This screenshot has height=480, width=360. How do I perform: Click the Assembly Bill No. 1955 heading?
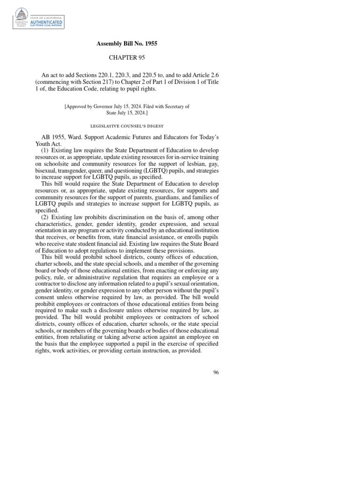click(x=127, y=44)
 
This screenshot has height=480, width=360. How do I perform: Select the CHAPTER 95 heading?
click(x=127, y=58)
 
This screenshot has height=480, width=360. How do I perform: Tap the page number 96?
click(x=216, y=372)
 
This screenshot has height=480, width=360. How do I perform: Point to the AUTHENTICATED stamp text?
click(x=46, y=22)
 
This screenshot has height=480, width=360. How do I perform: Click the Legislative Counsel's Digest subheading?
click(x=127, y=126)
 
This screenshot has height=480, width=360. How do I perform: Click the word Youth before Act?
click(x=43, y=144)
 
